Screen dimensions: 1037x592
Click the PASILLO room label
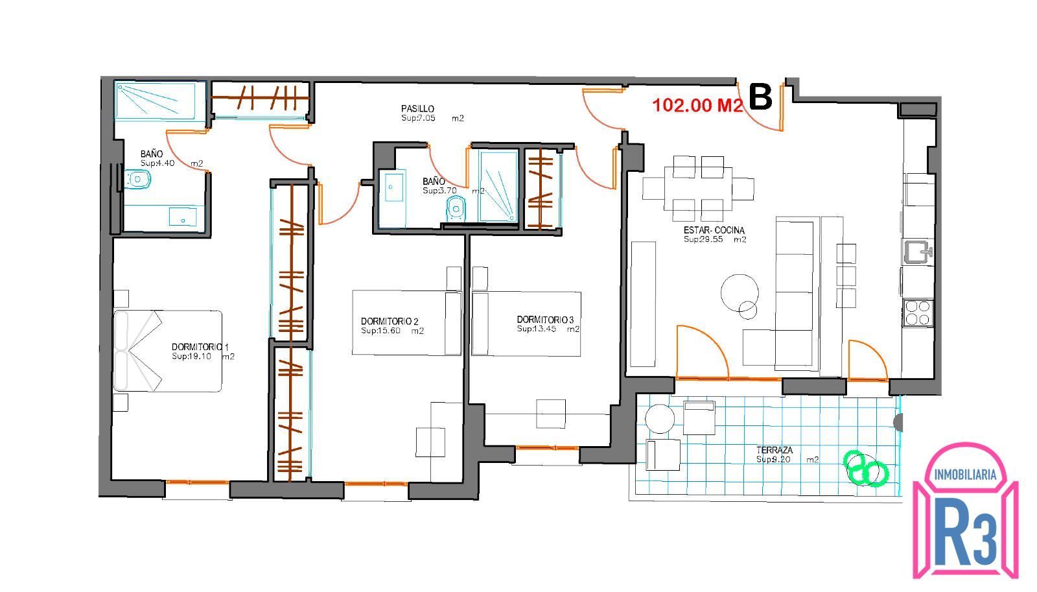[x=417, y=108]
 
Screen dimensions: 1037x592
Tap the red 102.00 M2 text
[x=697, y=105]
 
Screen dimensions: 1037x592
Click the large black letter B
[x=760, y=97]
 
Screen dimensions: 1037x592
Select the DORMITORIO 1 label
[x=200, y=346]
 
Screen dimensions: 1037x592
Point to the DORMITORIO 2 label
[x=390, y=321]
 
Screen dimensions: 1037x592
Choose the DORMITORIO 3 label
[x=545, y=320]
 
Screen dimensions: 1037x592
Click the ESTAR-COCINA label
[x=714, y=230]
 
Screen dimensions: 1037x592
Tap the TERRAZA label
[x=775, y=450]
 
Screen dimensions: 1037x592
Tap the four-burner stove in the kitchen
[x=918, y=313]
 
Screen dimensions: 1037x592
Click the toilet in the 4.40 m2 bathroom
[x=137, y=179]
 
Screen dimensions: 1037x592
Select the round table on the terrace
[x=659, y=419]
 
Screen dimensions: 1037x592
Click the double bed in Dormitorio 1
[x=168, y=351]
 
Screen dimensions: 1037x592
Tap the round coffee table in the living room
[x=740, y=292]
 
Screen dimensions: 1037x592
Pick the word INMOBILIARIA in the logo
[x=965, y=475]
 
